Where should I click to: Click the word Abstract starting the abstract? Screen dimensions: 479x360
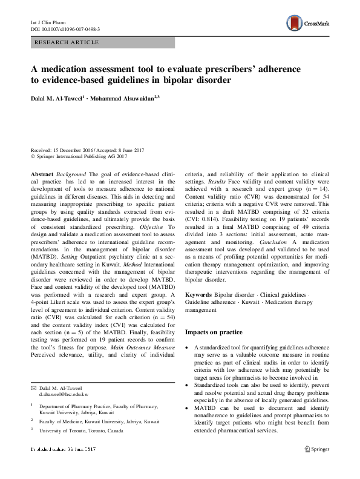pyautogui.click(x=43, y=173)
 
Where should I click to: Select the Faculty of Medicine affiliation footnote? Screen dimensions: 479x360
pyautogui.click(x=100, y=421)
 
